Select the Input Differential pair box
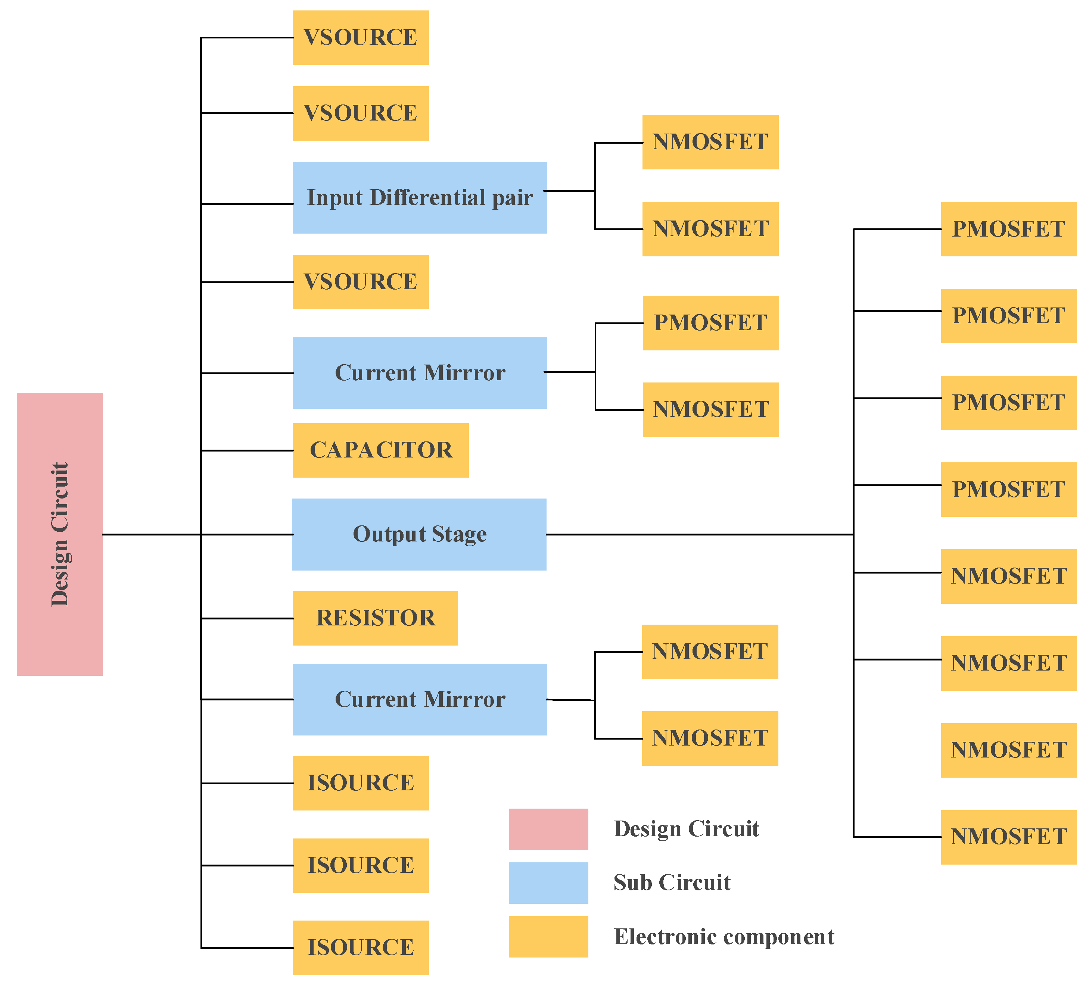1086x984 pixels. tap(420, 198)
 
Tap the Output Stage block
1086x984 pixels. tap(419, 534)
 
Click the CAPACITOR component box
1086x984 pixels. tap(380, 450)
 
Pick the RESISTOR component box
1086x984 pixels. tap(375, 618)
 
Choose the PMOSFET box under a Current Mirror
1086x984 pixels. tap(710, 323)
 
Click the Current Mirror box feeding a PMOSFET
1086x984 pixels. tap(420, 373)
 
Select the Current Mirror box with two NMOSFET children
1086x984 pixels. tap(420, 699)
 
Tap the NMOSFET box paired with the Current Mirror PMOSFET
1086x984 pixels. tap(710, 409)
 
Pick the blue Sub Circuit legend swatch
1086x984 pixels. tap(548, 883)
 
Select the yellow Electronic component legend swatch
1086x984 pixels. tap(548, 937)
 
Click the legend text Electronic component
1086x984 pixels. tap(724, 937)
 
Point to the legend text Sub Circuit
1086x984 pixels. tap(672, 883)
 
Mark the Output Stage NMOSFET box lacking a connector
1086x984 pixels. tap(1008, 750)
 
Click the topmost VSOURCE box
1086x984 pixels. tap(360, 38)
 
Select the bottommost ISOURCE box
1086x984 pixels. tap(360, 947)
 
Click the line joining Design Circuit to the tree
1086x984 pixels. tap(151, 534)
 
